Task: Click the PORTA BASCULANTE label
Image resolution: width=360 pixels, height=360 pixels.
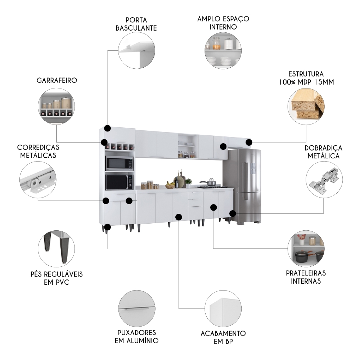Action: coord(136,24)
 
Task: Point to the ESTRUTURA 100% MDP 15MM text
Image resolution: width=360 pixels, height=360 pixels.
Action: coord(306,78)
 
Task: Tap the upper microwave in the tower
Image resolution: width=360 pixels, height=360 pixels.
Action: coord(119,164)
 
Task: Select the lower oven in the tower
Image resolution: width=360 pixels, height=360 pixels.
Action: coord(119,182)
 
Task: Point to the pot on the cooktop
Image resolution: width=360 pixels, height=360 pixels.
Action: coord(211,183)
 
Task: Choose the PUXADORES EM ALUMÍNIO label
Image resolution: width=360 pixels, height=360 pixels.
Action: coord(136,336)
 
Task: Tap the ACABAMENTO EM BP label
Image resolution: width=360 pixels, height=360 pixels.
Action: coord(223,338)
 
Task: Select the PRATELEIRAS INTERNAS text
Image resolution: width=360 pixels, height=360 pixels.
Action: coord(306,277)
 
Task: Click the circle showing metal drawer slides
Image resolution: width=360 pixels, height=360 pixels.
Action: coord(38,179)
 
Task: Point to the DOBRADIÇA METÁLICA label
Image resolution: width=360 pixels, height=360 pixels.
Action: coord(323,152)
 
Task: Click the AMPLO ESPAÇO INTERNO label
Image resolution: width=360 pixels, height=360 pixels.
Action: coord(223,23)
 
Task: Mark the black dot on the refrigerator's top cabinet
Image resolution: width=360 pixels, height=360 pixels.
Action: coord(249,143)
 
